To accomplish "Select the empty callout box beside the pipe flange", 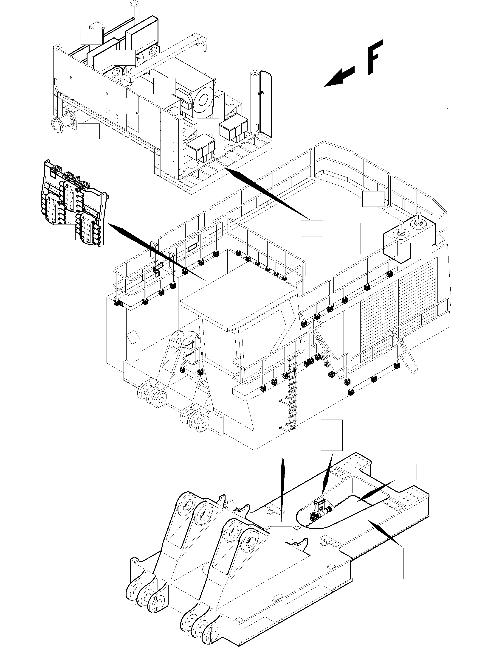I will click(89, 131).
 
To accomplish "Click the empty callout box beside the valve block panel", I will click(64, 232).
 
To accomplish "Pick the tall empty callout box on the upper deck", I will click(350, 238).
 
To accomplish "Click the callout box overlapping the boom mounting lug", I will click(281, 534).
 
